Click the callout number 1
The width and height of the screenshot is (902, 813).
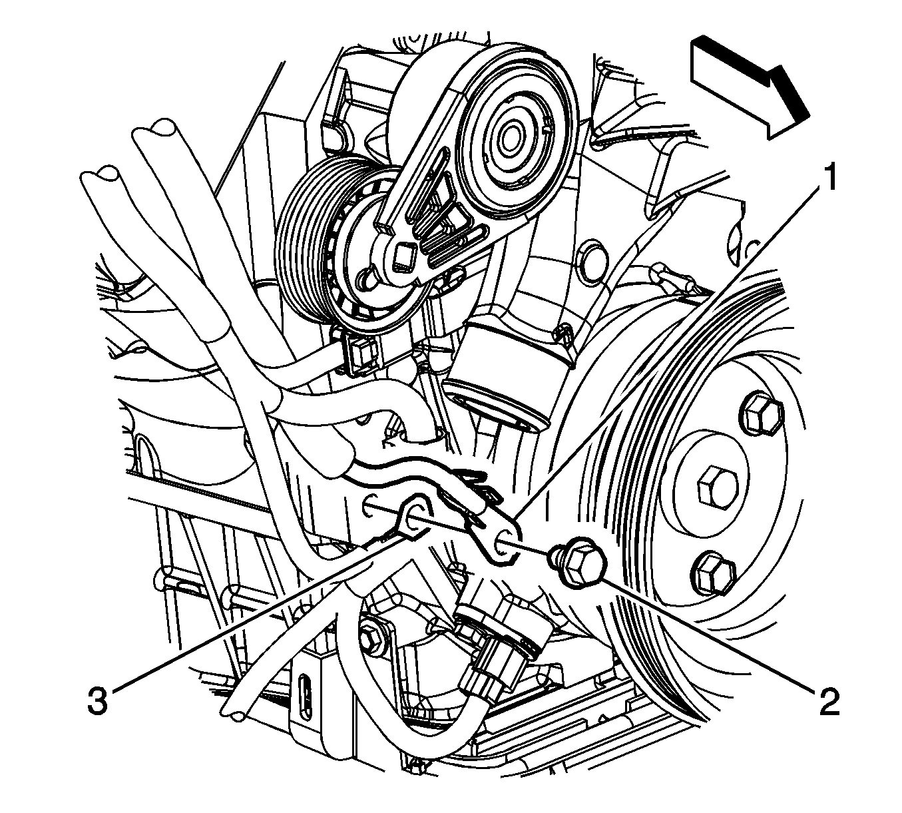828,178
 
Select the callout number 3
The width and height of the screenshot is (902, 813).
98,700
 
